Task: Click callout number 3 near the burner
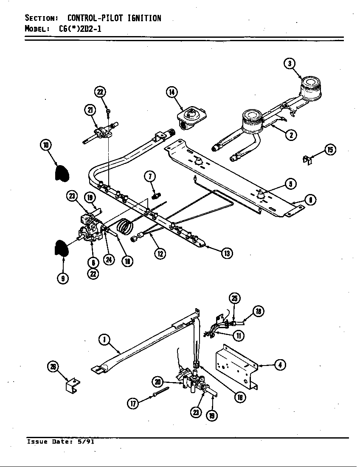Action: click(290, 63)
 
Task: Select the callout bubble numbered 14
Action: click(172, 92)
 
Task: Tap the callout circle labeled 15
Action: click(329, 149)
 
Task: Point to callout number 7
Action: click(149, 176)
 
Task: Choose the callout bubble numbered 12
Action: click(160, 253)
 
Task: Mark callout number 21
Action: click(90, 110)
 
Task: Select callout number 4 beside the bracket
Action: click(279, 364)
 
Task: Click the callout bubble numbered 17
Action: click(133, 403)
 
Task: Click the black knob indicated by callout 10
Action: click(62, 172)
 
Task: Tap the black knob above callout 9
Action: click(61, 248)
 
